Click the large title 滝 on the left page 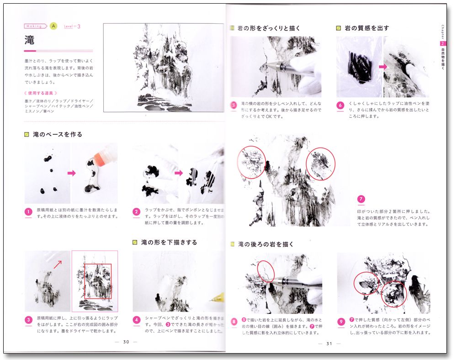[x=30, y=40]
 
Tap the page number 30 [x=126, y=342]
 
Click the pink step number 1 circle [x=29, y=212]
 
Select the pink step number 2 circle [x=136, y=212]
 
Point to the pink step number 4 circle [x=136, y=319]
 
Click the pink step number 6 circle [x=340, y=105]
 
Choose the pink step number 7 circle [x=361, y=199]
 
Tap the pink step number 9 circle [x=340, y=321]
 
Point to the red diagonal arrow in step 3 [x=58, y=264]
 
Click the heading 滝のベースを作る [x=58, y=135]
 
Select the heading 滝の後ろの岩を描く [x=265, y=244]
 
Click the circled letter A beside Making [x=53, y=26]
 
